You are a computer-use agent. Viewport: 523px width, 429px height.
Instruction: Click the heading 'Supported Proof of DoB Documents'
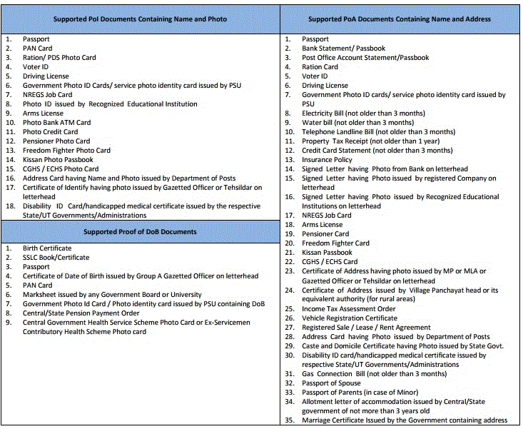140,231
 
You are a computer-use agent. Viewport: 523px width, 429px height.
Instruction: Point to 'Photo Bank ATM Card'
56,123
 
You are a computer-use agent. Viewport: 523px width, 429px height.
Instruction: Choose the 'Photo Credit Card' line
50,132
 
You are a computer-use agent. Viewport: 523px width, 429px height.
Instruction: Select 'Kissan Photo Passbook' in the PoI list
58,160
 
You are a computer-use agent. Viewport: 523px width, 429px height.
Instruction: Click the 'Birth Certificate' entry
47,248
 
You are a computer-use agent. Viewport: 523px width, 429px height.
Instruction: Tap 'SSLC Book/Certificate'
56,258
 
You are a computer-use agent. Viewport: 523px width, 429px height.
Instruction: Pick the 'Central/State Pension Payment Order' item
81,313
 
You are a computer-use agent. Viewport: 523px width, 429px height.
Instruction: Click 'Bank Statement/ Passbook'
343,49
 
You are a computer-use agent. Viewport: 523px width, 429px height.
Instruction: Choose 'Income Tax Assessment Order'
348,309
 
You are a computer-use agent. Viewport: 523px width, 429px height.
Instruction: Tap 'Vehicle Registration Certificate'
350,318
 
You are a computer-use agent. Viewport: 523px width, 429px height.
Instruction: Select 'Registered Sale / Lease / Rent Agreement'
366,328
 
